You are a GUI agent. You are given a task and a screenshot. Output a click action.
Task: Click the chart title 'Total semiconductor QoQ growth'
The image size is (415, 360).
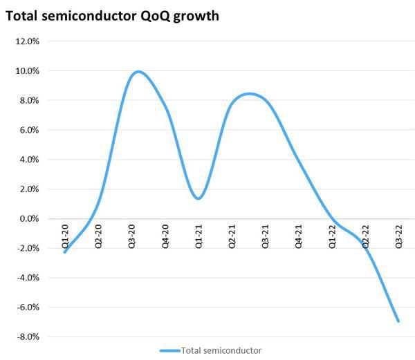click(113, 15)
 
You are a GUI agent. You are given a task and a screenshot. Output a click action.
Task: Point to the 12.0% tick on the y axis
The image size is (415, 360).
click(27, 41)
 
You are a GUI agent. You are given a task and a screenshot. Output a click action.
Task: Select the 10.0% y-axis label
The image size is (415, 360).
click(27, 71)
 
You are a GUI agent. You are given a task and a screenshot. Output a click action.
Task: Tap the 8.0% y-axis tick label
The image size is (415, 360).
click(29, 101)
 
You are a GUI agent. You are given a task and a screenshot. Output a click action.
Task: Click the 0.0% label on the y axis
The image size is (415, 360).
click(29, 219)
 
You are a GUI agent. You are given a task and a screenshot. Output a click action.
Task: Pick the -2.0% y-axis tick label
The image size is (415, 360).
click(28, 249)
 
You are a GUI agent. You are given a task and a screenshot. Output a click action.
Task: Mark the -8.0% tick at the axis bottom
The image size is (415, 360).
click(28, 337)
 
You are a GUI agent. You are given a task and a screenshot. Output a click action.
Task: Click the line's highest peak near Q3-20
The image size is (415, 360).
click(137, 71)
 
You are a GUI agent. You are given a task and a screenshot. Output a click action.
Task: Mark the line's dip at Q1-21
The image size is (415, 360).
click(199, 198)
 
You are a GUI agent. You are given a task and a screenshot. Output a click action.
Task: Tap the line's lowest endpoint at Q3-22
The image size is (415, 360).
click(398, 321)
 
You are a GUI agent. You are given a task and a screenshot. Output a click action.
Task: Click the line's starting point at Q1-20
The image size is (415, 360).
click(65, 252)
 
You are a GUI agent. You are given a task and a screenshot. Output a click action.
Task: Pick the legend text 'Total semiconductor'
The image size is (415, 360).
click(221, 351)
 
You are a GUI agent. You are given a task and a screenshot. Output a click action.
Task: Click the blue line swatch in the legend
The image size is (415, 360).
click(169, 351)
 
